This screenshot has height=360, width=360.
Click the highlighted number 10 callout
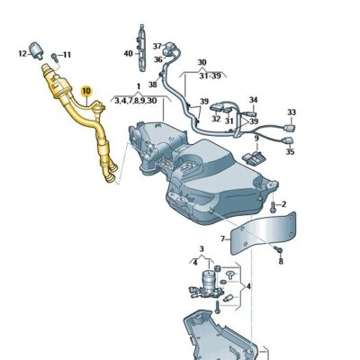[x=86, y=91]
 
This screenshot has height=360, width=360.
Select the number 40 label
[x=128, y=53]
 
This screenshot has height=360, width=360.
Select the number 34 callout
[x=253, y=99]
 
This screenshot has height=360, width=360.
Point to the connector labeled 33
[x=289, y=127]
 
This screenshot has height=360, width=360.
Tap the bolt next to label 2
[x=272, y=206]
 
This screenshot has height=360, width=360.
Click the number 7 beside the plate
[x=223, y=238]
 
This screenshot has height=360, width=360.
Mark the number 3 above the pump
[x=202, y=248]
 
